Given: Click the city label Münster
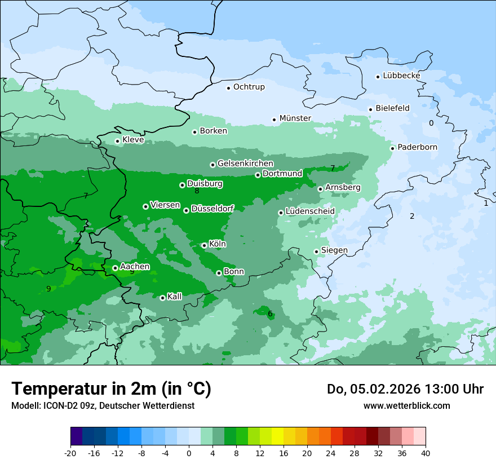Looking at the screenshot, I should click(295, 118).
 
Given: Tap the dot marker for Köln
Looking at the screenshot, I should click(204, 245).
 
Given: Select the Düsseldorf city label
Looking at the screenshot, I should click(212, 209).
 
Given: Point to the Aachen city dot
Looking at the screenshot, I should click(115, 268).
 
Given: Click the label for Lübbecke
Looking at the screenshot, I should click(401, 76).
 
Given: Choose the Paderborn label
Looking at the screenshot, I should click(417, 147).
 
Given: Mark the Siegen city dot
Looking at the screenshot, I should click(316, 251).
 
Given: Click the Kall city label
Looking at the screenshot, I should click(175, 297).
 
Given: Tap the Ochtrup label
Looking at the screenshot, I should click(249, 87).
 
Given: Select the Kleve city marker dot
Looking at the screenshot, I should click(117, 141).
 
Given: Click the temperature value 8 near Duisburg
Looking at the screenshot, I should click(197, 191).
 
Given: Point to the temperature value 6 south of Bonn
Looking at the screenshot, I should click(270, 314).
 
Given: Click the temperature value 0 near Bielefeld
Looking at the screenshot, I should click(431, 123).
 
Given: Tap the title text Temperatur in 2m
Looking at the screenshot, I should click(111, 388).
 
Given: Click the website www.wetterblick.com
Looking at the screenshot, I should click(406, 405).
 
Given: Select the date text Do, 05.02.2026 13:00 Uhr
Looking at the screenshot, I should click(405, 389).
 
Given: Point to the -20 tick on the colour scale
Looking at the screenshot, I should click(70, 453).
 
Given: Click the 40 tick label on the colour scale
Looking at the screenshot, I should click(426, 453).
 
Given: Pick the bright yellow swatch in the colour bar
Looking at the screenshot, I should click(277, 436).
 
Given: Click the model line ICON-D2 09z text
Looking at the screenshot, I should click(103, 405).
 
